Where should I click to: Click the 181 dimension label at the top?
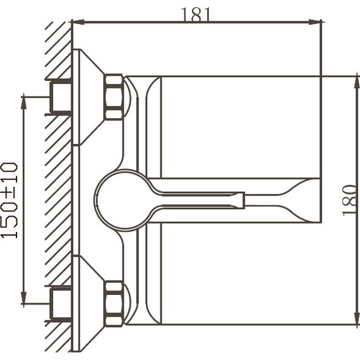(x=196, y=15)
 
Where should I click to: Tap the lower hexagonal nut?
(x=114, y=304)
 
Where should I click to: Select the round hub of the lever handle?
(x=124, y=200)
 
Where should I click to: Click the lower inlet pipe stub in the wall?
(x=61, y=304)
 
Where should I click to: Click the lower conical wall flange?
(x=88, y=304)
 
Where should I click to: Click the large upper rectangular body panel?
(x=240, y=126)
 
